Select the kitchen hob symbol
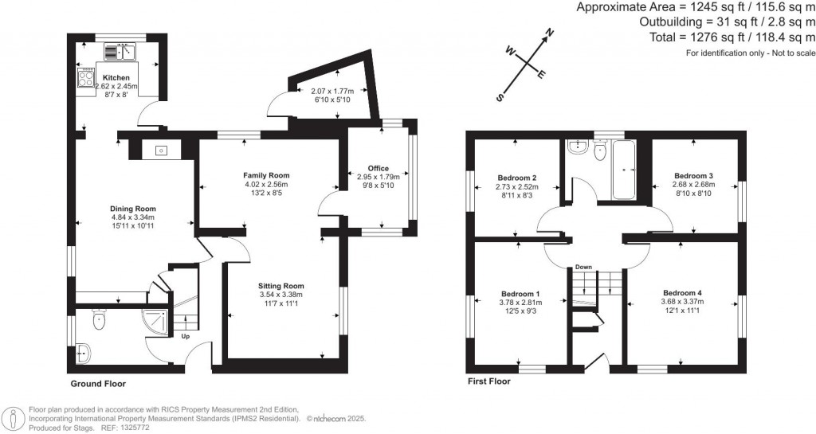point(84,76)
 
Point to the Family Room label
point(266,175)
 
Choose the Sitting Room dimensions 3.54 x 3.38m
point(280,295)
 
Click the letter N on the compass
point(548,33)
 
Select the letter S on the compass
point(500,98)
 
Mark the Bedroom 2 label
point(516,178)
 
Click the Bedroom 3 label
point(692,175)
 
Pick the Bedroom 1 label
point(520,293)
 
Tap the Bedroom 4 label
point(681,292)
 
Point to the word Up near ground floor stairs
point(186,337)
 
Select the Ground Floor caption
point(98,384)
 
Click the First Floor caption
point(488,381)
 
